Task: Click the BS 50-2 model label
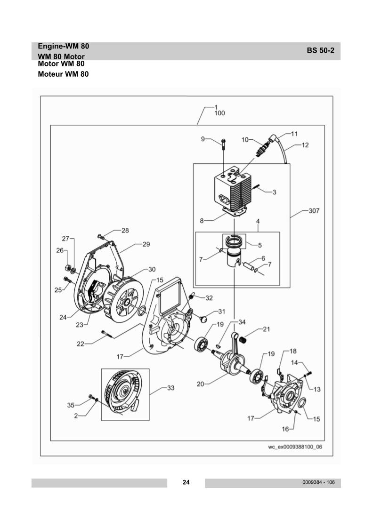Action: (320, 51)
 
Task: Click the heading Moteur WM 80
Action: (63, 74)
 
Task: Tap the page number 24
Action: (186, 482)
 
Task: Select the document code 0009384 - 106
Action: (319, 482)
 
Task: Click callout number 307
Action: (314, 211)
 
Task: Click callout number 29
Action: (146, 244)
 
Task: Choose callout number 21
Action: (266, 329)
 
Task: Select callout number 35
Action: (71, 404)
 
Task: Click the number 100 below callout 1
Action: (219, 113)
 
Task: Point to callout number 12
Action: (305, 145)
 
